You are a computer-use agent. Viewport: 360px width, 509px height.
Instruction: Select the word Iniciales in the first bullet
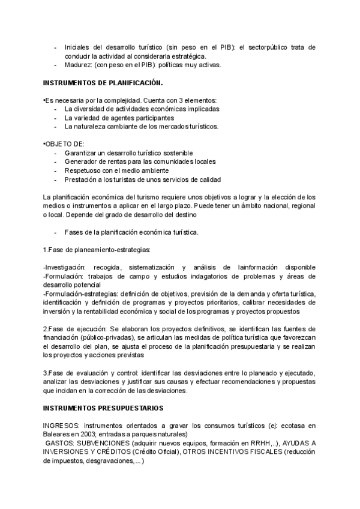point(79,47)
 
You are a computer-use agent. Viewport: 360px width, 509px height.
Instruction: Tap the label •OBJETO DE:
point(64,144)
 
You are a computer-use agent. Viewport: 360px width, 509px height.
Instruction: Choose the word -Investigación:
point(66,267)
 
